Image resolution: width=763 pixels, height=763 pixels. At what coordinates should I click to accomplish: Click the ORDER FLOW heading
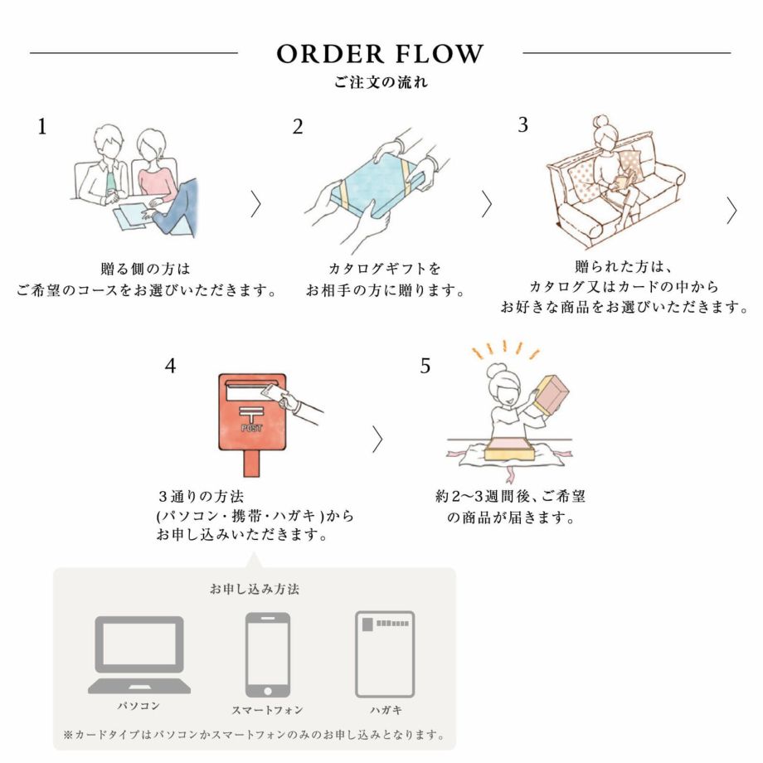[x=380, y=54]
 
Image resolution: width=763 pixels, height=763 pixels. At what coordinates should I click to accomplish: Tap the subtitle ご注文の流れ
[x=381, y=83]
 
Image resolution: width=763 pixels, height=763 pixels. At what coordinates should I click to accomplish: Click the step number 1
[x=42, y=127]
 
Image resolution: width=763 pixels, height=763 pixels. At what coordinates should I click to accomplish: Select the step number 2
[x=298, y=127]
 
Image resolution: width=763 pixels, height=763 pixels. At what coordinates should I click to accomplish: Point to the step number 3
[x=522, y=125]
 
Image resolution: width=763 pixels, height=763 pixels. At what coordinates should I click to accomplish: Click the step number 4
[x=170, y=366]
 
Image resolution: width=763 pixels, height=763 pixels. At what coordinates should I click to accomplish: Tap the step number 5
[x=425, y=366]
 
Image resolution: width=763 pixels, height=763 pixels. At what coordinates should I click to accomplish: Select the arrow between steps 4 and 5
[x=377, y=440]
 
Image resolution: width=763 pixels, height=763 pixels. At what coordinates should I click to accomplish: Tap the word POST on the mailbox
[x=250, y=428]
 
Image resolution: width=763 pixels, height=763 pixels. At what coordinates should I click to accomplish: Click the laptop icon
[x=139, y=654]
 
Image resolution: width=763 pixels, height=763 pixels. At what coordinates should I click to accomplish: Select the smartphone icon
[x=267, y=654]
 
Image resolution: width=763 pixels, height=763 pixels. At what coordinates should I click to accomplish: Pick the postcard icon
[x=385, y=654]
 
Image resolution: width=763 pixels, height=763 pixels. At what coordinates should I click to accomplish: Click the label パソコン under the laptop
[x=139, y=707]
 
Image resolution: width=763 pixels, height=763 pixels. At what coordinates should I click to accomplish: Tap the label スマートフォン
[x=267, y=710]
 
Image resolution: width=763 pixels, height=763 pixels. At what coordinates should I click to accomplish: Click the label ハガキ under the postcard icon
[x=385, y=710]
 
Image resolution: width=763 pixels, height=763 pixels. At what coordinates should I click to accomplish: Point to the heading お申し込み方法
[x=255, y=590]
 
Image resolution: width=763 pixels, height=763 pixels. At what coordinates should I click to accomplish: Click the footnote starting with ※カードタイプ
[x=255, y=735]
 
